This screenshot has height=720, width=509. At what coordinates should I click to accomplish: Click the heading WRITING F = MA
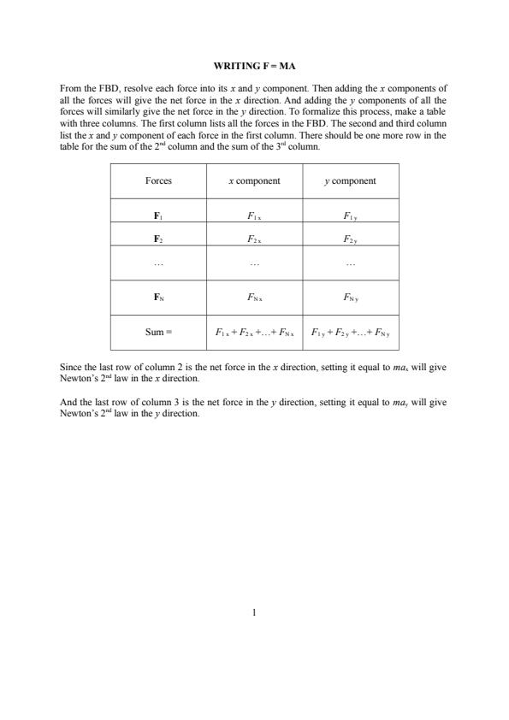tap(254, 66)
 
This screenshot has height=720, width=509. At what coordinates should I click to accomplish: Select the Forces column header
tap(158, 181)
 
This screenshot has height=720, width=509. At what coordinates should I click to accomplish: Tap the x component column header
tap(254, 181)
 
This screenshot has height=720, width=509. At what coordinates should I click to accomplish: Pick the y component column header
tap(350, 181)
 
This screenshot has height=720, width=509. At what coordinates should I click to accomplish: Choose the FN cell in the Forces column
tap(158, 298)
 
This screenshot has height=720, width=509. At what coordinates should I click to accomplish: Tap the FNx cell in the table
tap(254, 298)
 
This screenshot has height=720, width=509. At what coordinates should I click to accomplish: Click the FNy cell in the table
tap(350, 298)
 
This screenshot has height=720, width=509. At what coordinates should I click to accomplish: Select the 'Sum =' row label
tap(158, 332)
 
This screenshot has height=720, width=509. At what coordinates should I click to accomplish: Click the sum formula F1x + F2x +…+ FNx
tap(254, 332)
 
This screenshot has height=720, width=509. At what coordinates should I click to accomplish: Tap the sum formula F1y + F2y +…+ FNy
tap(350, 332)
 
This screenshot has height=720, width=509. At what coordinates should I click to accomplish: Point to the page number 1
tap(254, 612)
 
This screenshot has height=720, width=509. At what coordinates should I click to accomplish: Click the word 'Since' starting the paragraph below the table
tap(70, 367)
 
